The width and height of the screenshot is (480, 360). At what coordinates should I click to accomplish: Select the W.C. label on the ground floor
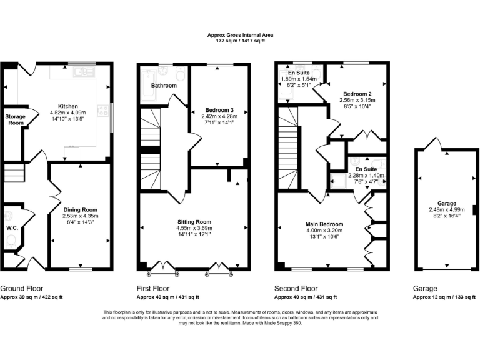11,228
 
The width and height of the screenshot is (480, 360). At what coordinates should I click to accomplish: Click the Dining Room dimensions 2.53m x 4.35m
81,216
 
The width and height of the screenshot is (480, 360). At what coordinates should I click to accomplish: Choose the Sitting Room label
194,222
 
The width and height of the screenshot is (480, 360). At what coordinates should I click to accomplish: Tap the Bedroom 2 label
355,92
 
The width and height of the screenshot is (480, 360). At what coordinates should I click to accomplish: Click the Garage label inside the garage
446,203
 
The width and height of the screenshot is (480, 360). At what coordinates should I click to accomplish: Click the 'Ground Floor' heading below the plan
22,289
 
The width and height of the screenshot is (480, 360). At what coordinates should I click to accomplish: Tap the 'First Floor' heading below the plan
153,289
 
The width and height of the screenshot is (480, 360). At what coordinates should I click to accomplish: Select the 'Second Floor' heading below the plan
296,289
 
